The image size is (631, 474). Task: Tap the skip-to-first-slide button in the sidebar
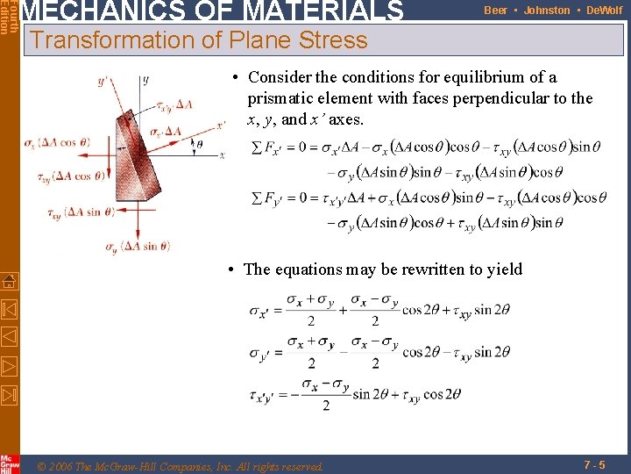point(9,310)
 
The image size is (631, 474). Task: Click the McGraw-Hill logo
point(9,463)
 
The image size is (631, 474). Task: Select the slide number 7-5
point(592,463)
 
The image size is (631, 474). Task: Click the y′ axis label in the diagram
point(103,81)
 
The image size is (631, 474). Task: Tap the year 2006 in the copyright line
point(62,466)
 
